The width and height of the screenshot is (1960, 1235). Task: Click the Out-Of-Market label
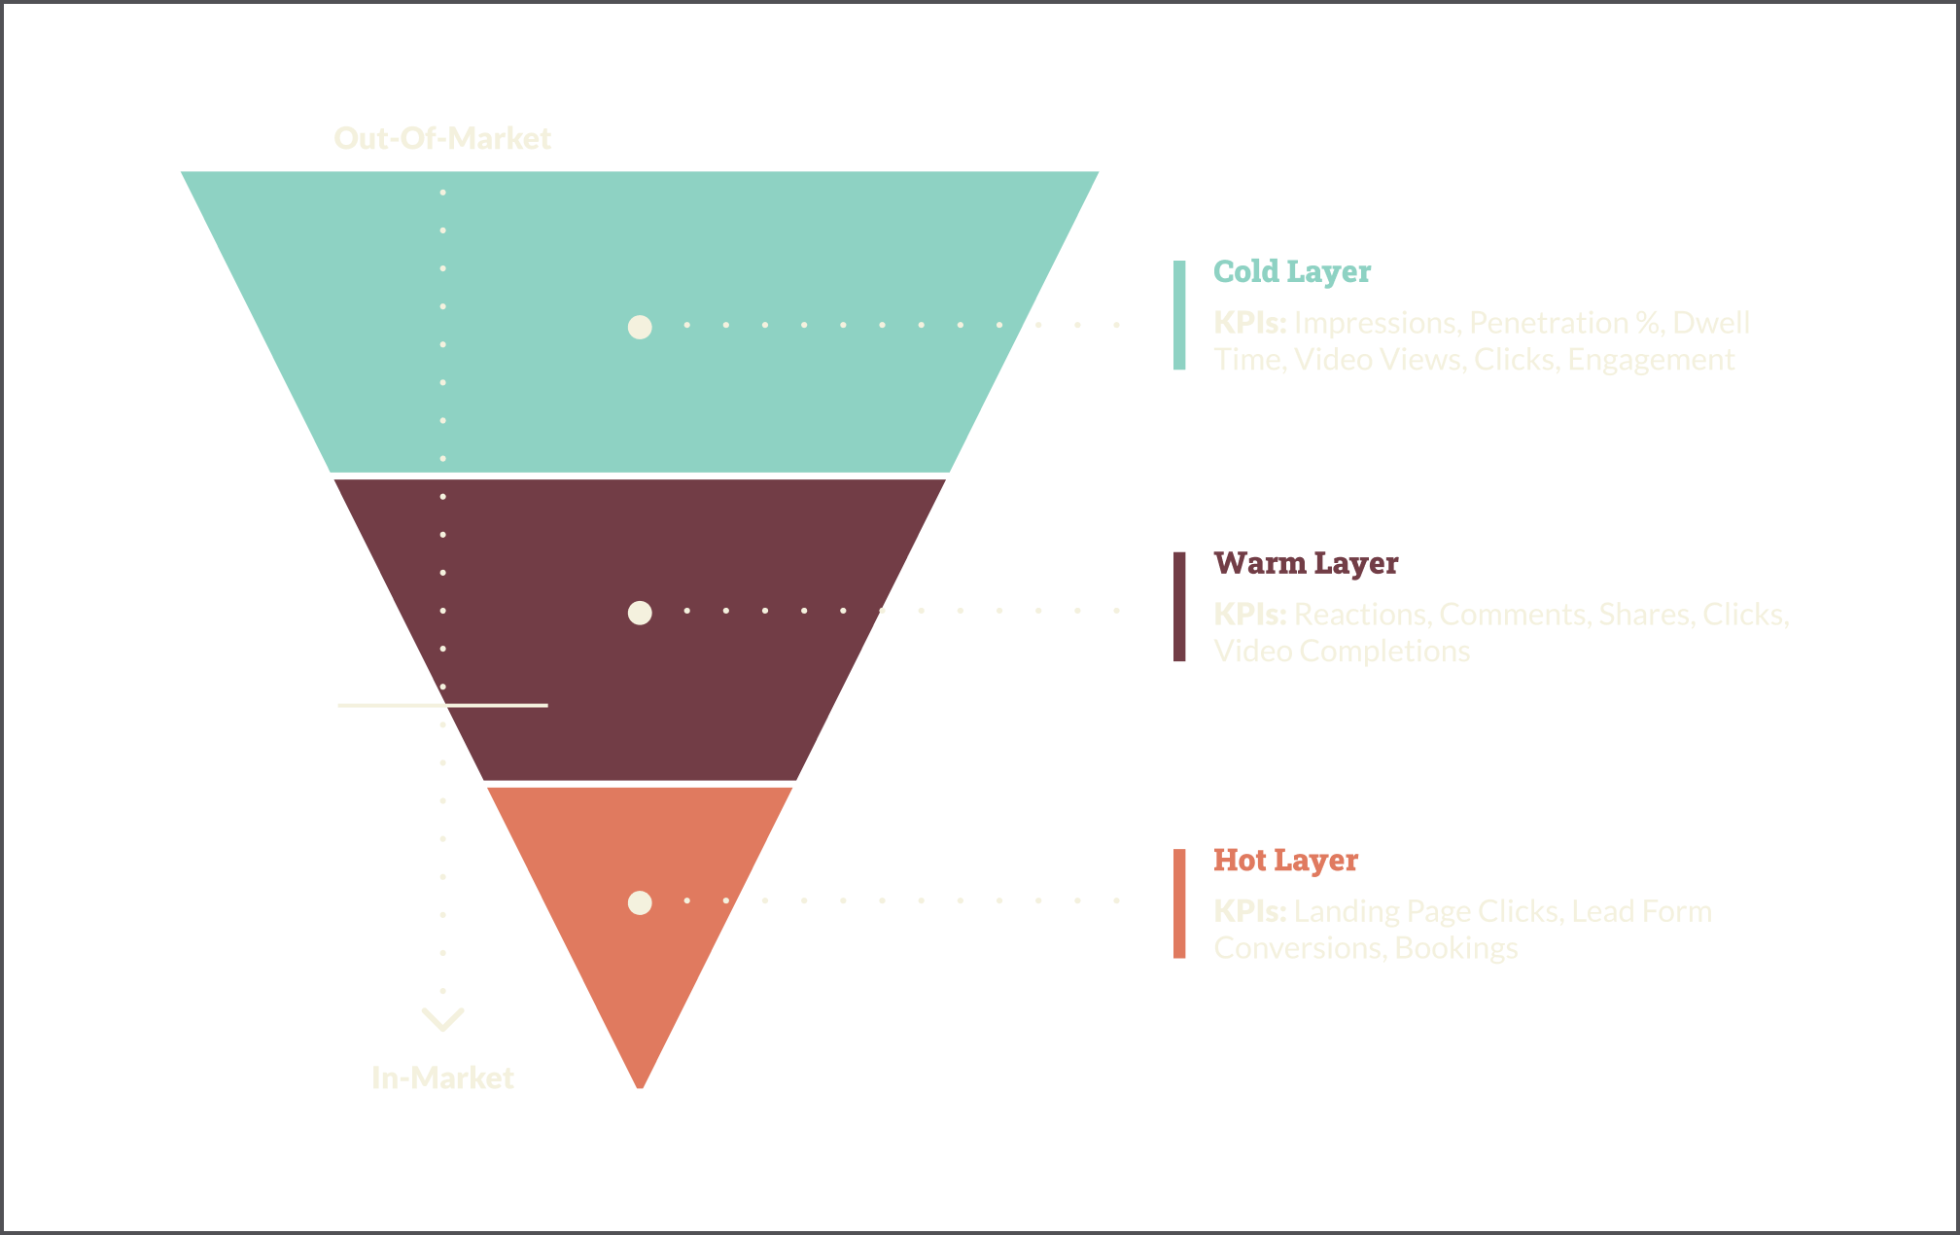coord(442,138)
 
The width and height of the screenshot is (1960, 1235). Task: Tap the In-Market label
coord(442,1077)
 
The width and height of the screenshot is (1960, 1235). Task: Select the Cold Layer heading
coord(1292,271)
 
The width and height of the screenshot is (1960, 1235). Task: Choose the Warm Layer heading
coord(1306,563)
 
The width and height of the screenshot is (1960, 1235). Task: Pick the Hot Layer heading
coord(1285,860)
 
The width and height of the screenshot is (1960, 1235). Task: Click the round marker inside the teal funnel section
coord(640,327)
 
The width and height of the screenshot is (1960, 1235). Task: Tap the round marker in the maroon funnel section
coord(640,613)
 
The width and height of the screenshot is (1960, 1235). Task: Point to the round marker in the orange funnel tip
coord(640,902)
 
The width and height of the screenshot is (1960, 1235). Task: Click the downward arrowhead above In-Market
coord(442,1019)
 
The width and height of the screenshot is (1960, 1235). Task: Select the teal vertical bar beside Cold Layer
coord(1179,315)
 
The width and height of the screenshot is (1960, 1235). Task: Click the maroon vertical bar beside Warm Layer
coord(1179,607)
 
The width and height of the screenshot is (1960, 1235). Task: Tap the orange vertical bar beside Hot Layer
coord(1179,903)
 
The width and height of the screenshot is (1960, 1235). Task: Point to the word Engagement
coord(1651,360)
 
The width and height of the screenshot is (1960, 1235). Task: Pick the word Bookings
coord(1455,948)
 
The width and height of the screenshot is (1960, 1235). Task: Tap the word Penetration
coord(1548,323)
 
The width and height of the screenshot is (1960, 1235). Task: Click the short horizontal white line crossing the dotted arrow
coord(442,705)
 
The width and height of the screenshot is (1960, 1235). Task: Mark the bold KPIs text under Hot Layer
coord(1249,911)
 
